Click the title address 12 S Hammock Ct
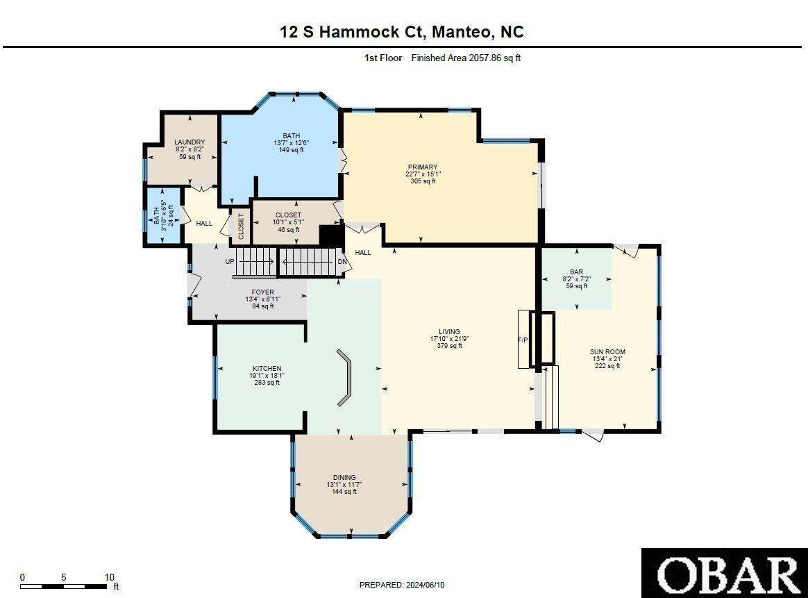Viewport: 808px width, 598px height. coord(402,31)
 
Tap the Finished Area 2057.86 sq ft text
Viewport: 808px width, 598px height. coord(466,58)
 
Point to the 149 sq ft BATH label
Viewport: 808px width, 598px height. coord(292,142)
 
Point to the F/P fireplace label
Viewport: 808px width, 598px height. coord(523,340)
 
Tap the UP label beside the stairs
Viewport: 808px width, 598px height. coord(230,262)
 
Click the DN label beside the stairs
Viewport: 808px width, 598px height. coord(342,262)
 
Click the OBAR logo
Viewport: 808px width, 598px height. coord(724,573)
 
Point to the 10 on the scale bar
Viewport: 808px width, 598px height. coord(109,577)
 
